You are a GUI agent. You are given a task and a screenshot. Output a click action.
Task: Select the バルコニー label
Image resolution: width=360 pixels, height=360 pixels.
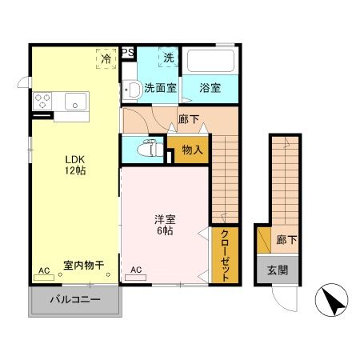[75, 301]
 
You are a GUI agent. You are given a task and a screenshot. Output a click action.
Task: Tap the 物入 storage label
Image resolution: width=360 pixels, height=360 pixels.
[191, 149]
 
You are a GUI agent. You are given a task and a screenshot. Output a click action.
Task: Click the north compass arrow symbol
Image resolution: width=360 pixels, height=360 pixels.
[334, 301]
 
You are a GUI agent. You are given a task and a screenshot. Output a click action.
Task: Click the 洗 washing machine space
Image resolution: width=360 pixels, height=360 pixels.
[168, 58]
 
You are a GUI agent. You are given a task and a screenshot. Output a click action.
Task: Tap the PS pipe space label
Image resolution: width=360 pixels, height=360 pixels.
[128, 54]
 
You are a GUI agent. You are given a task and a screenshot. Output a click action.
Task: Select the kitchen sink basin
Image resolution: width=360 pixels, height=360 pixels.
[77, 102]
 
